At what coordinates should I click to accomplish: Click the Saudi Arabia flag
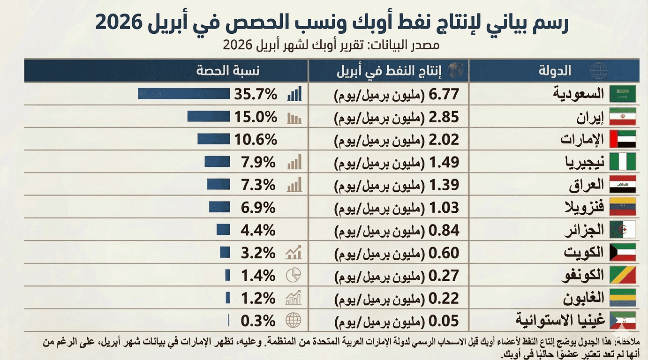click(623, 94)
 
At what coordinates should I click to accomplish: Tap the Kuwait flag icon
click(623, 253)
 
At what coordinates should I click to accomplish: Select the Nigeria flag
click(623, 162)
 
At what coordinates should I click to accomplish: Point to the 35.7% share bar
click(184, 94)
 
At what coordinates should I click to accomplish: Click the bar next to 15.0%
click(209, 116)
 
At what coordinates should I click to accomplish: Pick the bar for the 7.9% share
click(217, 162)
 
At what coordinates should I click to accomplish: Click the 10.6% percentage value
click(256, 139)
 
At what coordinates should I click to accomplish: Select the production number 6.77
click(444, 94)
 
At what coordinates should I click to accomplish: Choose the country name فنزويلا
click(584, 208)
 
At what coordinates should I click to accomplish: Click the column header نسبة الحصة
click(228, 71)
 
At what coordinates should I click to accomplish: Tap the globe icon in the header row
click(599, 71)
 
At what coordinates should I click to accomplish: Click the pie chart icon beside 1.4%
click(294, 275)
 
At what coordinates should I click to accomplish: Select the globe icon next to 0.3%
click(294, 320)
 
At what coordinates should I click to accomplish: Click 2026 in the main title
click(119, 22)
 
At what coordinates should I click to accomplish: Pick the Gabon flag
click(623, 298)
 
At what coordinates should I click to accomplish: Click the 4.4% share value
click(258, 231)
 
